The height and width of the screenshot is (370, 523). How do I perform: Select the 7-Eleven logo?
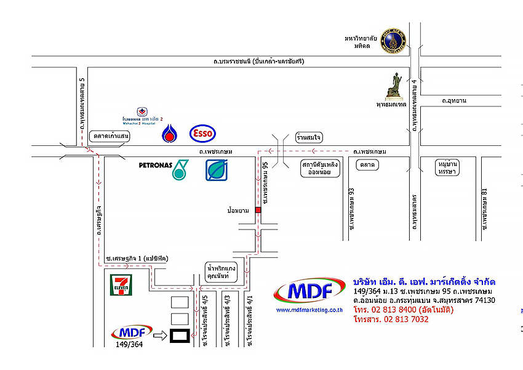(x=120, y=286)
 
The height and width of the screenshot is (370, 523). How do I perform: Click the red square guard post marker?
(x=258, y=210)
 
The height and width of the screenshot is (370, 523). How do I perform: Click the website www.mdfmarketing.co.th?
(x=309, y=310)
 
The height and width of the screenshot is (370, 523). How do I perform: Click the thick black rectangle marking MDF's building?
(x=180, y=336)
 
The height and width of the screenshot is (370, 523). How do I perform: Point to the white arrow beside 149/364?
(x=159, y=336)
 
